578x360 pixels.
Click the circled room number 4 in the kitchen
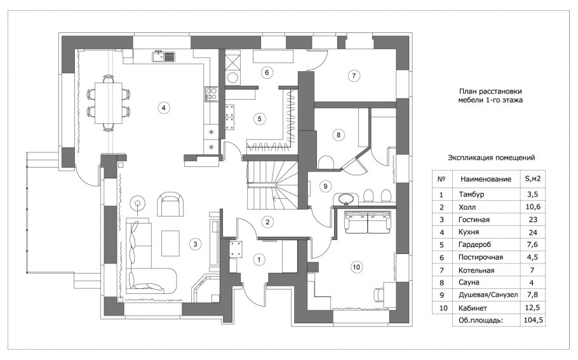pos(163,107)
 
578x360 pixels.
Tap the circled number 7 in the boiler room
pos(354,76)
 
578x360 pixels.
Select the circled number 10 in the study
pos(356,267)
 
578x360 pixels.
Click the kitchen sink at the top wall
pos(163,57)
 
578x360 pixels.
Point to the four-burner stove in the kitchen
pos(211,93)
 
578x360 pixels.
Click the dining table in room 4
pos(109,103)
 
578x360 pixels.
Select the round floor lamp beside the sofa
pos(138,203)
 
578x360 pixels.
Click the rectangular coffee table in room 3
pos(170,243)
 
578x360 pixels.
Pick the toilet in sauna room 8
pos(326,163)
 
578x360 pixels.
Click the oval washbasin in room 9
pos(346,199)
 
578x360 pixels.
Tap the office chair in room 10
pos(379,295)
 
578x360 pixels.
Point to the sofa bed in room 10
pos(368,222)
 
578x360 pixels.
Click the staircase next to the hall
pos(272,185)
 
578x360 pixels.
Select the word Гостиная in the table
pos(474,220)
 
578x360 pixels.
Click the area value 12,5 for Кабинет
pos(533,307)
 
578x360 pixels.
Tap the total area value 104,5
pos(533,320)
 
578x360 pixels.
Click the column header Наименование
pos(485,179)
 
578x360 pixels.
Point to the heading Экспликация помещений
pos(492,157)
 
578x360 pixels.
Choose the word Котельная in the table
pos(476,270)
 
